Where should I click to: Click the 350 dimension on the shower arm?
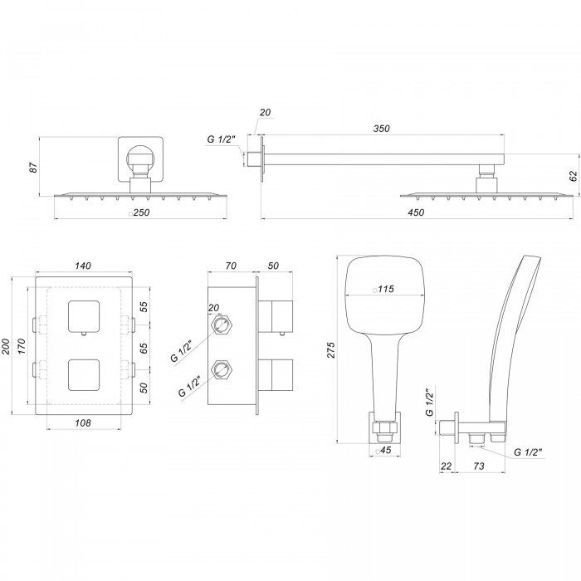coord(381,128)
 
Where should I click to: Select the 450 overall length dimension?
coord(416,212)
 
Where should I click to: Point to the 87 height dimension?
coord(33,167)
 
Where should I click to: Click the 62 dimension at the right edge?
coord(574,176)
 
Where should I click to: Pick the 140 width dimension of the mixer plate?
coord(83,266)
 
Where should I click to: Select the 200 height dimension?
coord(6,346)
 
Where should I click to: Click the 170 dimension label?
coord(22,346)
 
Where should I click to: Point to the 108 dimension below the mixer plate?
coord(83,422)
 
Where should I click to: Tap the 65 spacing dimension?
coord(144,348)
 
